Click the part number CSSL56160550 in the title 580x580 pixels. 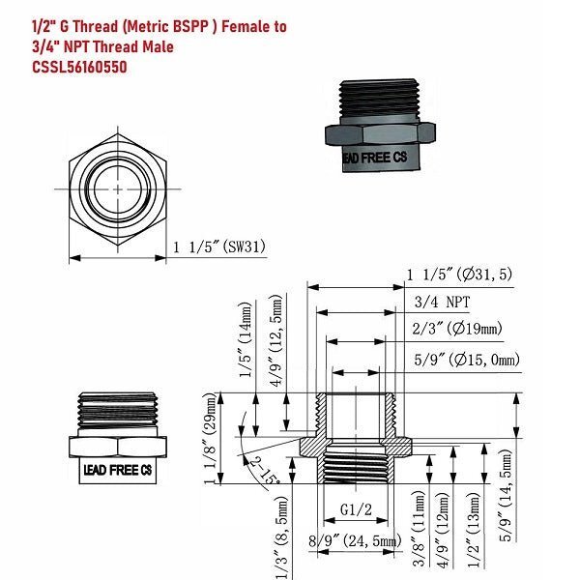(79, 67)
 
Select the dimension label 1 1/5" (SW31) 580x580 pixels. (219, 246)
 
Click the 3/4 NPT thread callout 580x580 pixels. (442, 302)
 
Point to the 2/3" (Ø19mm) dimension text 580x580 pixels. (457, 328)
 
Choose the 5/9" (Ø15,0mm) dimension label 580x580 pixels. (467, 360)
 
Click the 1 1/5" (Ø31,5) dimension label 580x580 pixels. (459, 275)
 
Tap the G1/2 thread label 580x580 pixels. (356, 509)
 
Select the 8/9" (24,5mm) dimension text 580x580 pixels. (355, 541)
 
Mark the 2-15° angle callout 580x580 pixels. (265, 471)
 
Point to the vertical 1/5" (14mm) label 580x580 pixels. (246, 339)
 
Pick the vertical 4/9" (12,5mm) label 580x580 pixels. (276, 340)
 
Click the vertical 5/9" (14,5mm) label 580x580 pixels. (506, 496)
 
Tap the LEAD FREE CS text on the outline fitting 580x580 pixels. (118, 470)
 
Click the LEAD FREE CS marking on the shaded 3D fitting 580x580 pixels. (375, 158)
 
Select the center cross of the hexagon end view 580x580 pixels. (118, 189)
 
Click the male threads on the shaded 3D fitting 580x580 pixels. (379, 99)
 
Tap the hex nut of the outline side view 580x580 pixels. (118, 447)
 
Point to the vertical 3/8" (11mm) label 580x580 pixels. (419, 529)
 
